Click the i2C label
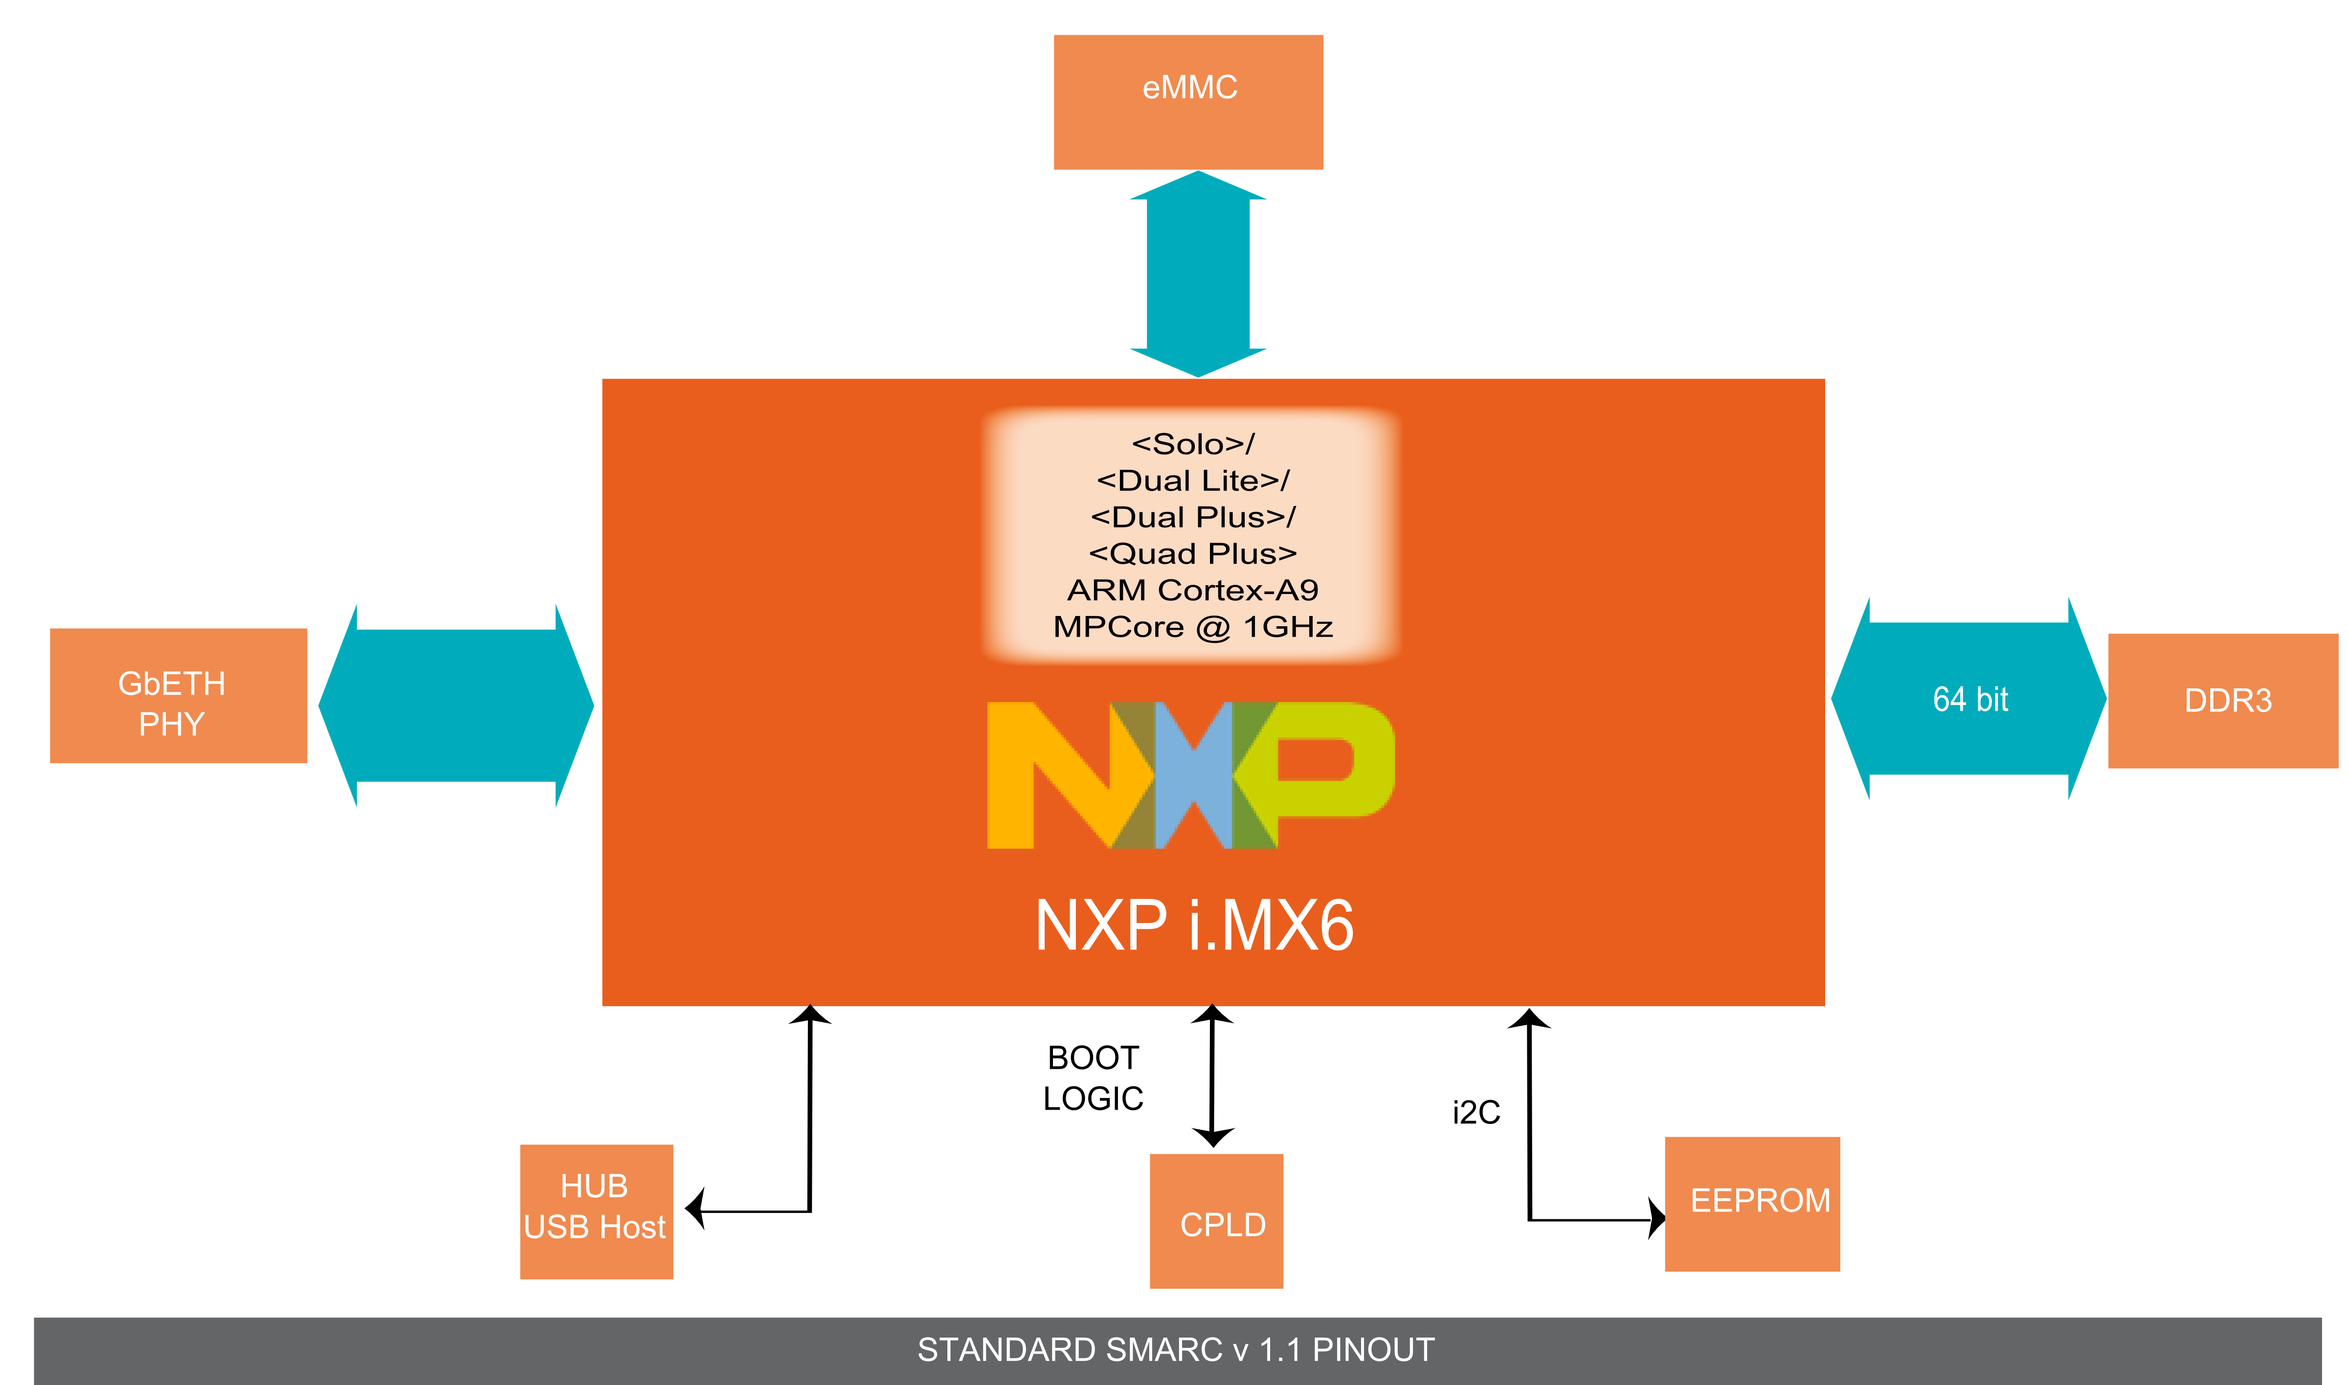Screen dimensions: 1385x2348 click(x=1476, y=1113)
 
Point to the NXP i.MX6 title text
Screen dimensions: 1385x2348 click(x=1194, y=926)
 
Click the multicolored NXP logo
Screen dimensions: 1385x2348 click(x=1190, y=774)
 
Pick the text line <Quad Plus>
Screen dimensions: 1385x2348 click(x=1192, y=553)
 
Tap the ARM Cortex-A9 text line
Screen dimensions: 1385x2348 click(x=1192, y=590)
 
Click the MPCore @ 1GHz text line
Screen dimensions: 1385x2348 click(x=1192, y=626)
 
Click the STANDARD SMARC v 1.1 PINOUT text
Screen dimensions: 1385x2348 click(x=1175, y=1349)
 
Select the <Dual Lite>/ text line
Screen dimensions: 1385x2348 click(x=1192, y=481)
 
